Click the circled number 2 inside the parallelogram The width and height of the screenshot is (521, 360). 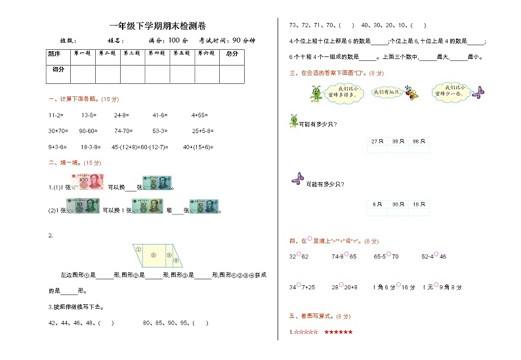point(152,254)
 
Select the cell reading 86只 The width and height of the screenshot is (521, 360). point(417,142)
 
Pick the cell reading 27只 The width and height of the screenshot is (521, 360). point(377,142)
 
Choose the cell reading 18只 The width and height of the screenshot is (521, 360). point(417,205)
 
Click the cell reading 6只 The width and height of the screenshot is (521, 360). point(377,205)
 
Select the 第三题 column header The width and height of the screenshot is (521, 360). point(133,54)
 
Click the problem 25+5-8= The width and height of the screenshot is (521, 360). point(204,130)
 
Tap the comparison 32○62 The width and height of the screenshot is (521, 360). point(299,256)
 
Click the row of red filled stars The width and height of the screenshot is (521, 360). point(339,333)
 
